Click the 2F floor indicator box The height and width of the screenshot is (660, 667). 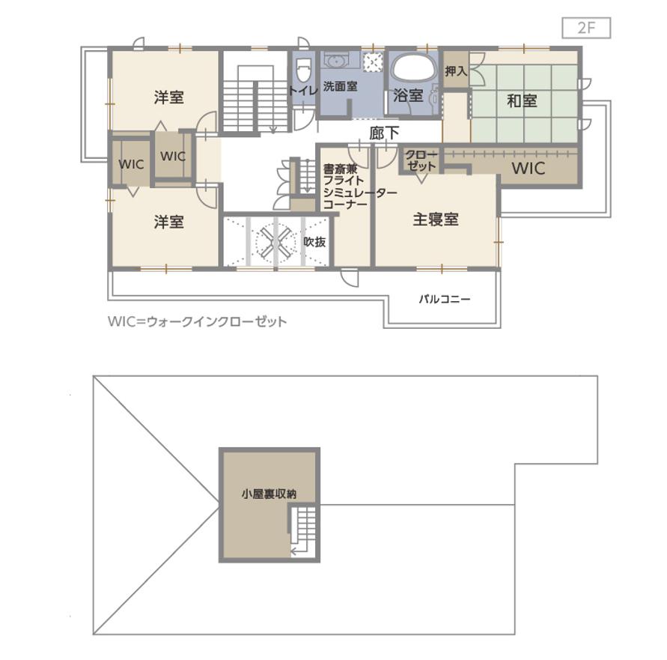[586, 28]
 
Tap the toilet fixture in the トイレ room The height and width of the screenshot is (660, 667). [302, 70]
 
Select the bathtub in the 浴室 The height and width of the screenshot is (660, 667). [414, 67]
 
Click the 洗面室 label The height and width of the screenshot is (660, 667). [340, 86]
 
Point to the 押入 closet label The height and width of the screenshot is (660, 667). [456, 70]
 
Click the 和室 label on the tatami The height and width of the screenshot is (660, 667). [522, 101]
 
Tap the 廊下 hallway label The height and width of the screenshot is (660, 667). [384, 133]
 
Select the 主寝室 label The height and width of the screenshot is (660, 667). [436, 220]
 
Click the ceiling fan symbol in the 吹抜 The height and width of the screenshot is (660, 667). [275, 243]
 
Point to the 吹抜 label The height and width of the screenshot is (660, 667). [314, 242]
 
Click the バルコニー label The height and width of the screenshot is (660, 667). [445, 299]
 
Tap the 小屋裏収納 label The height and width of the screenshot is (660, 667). [269, 494]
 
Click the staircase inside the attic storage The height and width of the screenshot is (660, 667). [303, 530]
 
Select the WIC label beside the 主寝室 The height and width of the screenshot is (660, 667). [529, 169]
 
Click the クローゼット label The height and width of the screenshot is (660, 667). [421, 160]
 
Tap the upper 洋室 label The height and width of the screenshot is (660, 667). [169, 97]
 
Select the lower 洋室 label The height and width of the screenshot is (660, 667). [169, 222]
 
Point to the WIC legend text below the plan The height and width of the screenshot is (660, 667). [198, 321]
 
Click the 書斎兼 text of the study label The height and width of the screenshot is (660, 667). [341, 169]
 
